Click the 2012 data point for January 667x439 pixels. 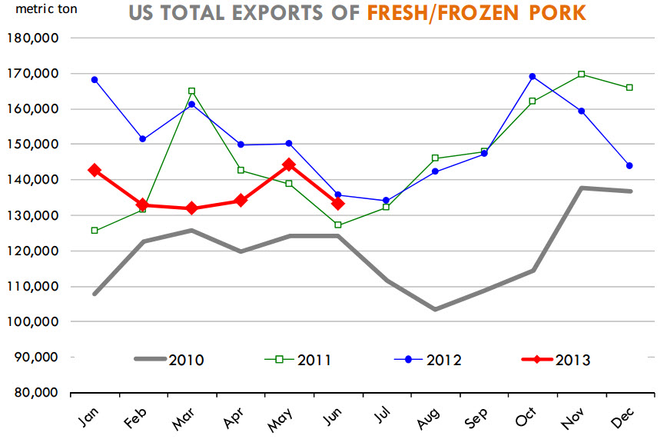point(95,79)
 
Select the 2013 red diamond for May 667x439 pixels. point(289,165)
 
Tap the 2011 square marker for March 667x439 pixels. point(191,91)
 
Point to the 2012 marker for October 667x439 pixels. point(533,76)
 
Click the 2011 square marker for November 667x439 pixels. point(581,74)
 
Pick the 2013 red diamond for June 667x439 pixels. point(337,203)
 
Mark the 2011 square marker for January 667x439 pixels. point(95,230)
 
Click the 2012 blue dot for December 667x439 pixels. point(629,165)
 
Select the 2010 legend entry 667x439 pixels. point(169,359)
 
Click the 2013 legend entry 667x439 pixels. point(553,359)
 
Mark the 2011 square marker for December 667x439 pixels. point(629,88)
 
